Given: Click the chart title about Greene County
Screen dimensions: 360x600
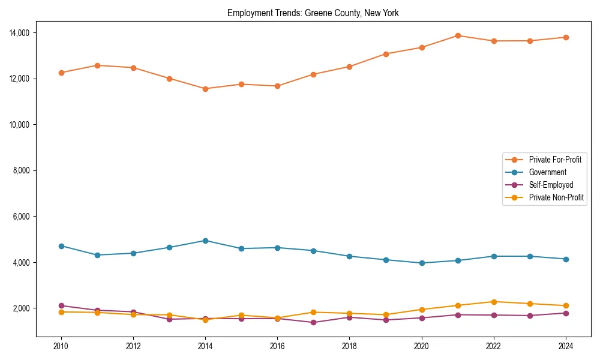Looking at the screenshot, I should pyautogui.click(x=313, y=13).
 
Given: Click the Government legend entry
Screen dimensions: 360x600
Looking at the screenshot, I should pyautogui.click(x=547, y=172).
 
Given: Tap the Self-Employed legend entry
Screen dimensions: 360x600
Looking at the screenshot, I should pyautogui.click(x=551, y=185).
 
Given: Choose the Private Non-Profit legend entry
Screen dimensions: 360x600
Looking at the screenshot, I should pyautogui.click(x=556, y=197).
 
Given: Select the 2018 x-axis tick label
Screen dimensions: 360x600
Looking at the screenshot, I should pyautogui.click(x=349, y=346).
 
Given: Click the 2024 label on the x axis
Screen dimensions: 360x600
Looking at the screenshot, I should pyautogui.click(x=566, y=346).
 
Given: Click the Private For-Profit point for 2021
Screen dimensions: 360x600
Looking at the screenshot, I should pyautogui.click(x=458, y=35).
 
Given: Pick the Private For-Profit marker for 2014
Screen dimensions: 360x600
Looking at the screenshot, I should pyautogui.click(x=205, y=89).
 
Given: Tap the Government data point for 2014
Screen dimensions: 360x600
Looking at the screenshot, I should pyautogui.click(x=205, y=241).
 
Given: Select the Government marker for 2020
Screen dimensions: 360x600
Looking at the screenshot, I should pyautogui.click(x=422, y=263).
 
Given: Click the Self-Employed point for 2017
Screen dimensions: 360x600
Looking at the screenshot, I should pyautogui.click(x=313, y=323).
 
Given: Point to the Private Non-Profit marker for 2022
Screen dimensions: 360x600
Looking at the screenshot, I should pyautogui.click(x=494, y=302).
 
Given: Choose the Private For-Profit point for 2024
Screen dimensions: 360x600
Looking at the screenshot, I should pyautogui.click(x=566, y=37).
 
